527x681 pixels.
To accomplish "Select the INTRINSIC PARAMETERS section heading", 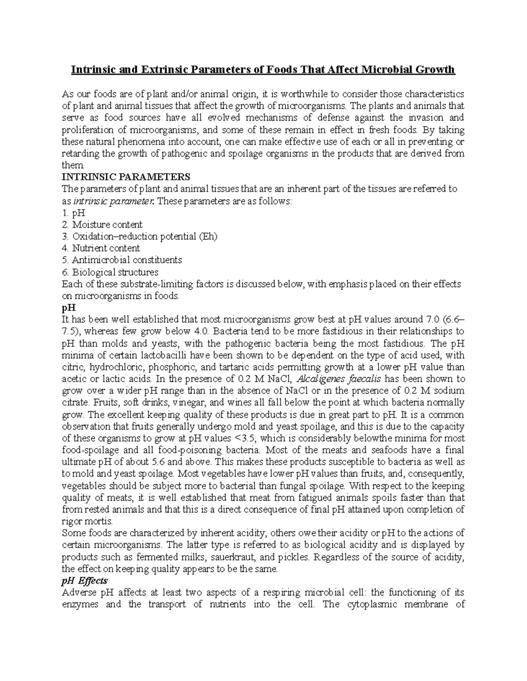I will (x=126, y=177).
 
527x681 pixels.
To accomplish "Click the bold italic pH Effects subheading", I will (x=85, y=581).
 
